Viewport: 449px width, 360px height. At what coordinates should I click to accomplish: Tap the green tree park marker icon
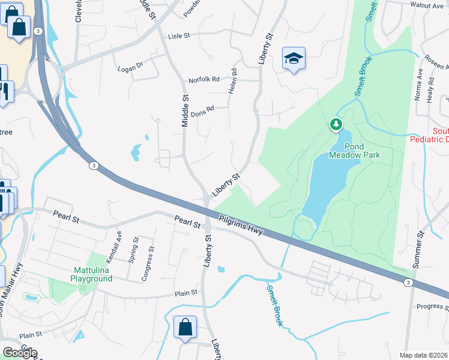336,125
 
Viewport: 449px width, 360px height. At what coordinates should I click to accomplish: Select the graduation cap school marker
294,59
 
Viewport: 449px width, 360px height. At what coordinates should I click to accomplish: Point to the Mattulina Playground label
91,275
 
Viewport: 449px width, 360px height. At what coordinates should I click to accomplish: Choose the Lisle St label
178,36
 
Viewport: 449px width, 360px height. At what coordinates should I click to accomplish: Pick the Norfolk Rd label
204,79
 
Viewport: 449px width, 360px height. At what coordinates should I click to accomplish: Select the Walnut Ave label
426,5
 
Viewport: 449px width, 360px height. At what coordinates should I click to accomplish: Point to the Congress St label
148,265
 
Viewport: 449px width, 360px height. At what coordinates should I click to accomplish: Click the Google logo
20,353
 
